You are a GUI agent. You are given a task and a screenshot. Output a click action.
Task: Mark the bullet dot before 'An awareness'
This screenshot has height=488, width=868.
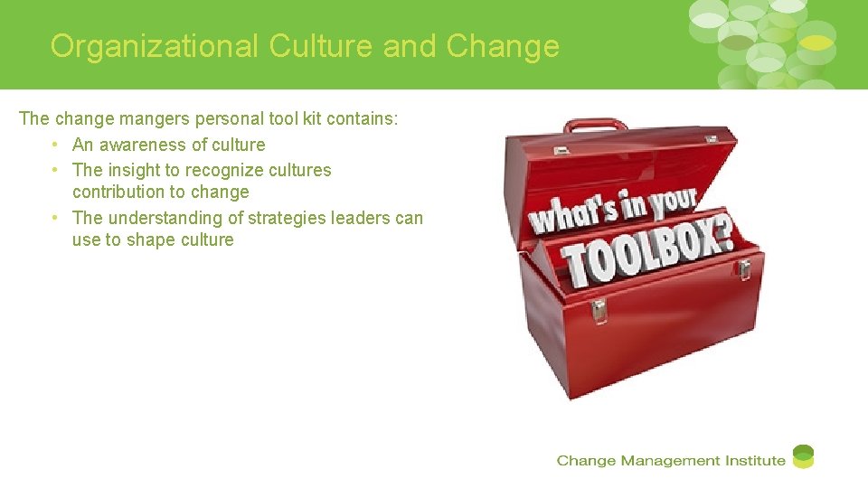click(x=56, y=145)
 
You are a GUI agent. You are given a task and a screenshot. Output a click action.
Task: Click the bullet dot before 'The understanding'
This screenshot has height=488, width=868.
click(x=56, y=218)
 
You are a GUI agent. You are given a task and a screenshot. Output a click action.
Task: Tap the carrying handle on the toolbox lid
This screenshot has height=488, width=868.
click(x=595, y=126)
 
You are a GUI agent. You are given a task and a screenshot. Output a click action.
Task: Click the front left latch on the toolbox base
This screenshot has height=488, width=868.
click(x=599, y=310)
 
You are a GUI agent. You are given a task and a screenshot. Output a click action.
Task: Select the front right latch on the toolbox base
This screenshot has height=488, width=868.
click(x=744, y=269)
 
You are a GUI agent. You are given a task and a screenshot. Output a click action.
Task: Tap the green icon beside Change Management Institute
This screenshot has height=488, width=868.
click(x=803, y=457)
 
